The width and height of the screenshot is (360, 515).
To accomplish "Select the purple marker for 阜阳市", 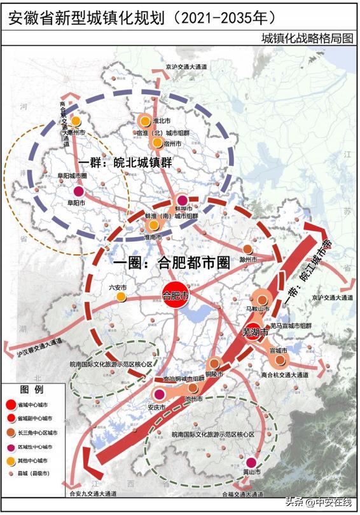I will pyautogui.click(x=78, y=191).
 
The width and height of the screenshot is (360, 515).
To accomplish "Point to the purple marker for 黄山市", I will pyautogui.click(x=253, y=464).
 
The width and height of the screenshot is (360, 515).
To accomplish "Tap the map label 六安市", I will pyautogui.click(x=118, y=287).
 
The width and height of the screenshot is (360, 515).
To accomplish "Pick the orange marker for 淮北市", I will pyautogui.click(x=145, y=121).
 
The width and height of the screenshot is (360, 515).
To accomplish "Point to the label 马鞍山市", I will pyautogui.click(x=259, y=310).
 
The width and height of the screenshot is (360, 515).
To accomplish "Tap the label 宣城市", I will pyautogui.click(x=279, y=350).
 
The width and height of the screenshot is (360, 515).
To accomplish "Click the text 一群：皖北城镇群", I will pyautogui.click(x=125, y=163).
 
